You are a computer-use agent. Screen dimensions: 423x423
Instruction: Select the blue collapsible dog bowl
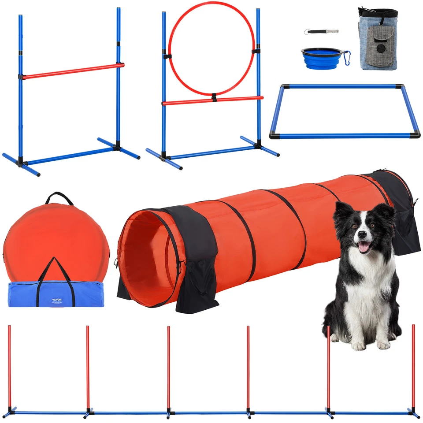pyautogui.click(x=321, y=58)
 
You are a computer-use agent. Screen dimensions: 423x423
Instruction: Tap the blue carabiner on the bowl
pyautogui.click(x=347, y=57)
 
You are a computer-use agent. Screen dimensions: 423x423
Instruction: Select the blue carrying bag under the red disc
pyautogui.click(x=26, y=294)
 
